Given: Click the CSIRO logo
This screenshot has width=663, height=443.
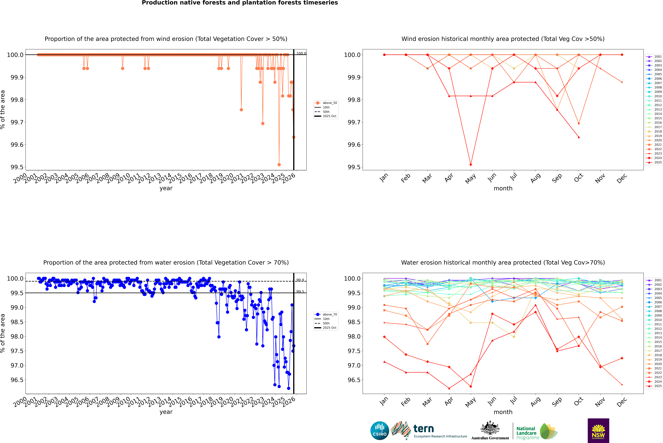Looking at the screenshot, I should [x=380, y=431].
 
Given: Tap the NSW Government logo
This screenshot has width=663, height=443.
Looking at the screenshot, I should [x=598, y=431].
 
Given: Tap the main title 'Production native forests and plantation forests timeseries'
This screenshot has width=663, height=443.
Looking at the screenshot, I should [x=240, y=3].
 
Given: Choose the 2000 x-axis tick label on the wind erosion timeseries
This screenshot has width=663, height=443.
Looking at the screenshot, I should [x=20, y=179].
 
